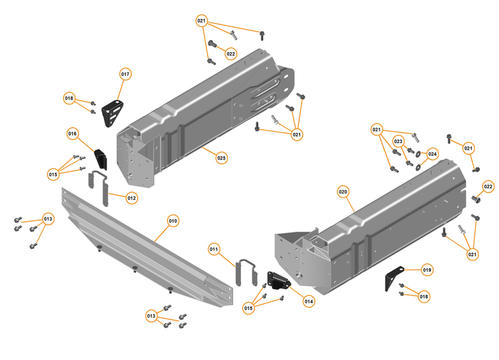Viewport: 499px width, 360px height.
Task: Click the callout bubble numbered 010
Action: click(173, 220)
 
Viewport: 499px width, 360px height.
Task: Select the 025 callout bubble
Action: click(221, 157)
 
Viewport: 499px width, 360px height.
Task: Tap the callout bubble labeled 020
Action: click(343, 192)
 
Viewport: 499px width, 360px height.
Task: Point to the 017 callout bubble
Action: click(125, 74)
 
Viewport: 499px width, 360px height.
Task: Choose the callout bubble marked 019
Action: click(427, 268)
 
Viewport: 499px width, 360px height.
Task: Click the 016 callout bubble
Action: click(72, 134)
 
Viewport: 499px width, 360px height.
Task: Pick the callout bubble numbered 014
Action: click(309, 301)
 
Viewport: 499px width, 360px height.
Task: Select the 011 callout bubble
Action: click(214, 248)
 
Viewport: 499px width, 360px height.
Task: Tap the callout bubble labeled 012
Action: click(132, 197)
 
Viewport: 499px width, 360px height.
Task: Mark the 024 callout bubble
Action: click(433, 154)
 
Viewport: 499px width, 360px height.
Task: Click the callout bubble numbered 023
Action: click(398, 141)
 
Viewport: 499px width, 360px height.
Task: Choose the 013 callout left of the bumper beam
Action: click(48, 219)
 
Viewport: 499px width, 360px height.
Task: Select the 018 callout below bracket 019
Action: click(424, 296)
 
